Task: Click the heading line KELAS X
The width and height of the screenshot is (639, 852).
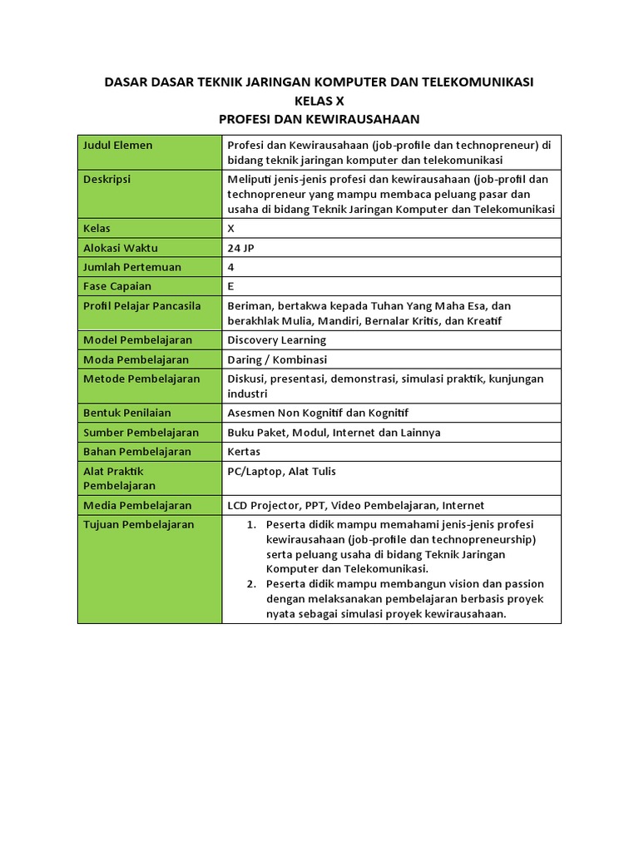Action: tap(319, 101)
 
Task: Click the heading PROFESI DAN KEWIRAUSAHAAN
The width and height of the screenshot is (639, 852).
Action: tap(319, 120)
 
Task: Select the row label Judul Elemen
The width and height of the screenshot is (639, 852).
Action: tap(117, 146)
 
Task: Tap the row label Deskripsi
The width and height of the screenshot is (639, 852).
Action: tap(107, 179)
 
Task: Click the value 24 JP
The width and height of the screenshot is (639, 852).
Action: tap(240, 248)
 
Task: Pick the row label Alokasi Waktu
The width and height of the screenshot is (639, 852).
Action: tap(121, 248)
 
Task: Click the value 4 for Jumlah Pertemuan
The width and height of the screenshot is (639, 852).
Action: tap(230, 267)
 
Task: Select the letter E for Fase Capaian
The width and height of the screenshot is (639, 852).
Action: tap(230, 286)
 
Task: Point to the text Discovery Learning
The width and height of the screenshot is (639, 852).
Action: tap(276, 340)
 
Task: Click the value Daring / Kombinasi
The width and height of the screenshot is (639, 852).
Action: tap(277, 360)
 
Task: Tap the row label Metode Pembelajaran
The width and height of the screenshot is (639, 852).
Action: tap(141, 379)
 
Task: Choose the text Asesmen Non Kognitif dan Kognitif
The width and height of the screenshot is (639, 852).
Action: tap(318, 413)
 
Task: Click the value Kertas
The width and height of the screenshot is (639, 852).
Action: tap(244, 452)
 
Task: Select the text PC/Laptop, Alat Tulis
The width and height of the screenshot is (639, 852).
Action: tap(281, 472)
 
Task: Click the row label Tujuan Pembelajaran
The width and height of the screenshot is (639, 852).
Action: tap(138, 525)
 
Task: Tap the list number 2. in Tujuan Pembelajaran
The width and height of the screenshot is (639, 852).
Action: tap(251, 584)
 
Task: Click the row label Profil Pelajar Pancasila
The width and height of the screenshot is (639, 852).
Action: tap(142, 306)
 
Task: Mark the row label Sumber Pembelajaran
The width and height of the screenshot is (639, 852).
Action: tap(141, 433)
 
